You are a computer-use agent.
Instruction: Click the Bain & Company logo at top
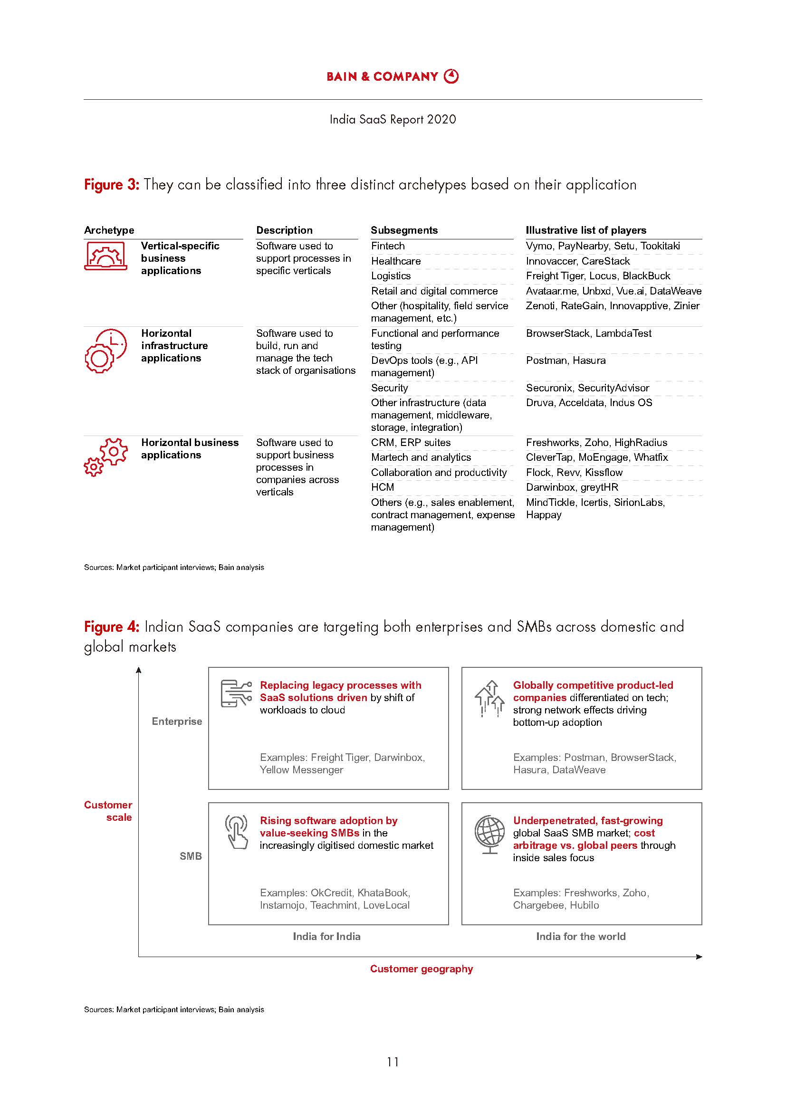(393, 76)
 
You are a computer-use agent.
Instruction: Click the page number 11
(393, 1062)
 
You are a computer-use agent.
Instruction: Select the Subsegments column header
(403, 230)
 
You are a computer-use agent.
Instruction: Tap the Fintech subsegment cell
(388, 246)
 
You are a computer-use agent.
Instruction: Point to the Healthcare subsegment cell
(395, 261)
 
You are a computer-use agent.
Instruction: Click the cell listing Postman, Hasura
(566, 361)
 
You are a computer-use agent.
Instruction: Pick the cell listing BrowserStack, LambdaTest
(588, 333)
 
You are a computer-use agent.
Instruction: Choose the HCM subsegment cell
(383, 487)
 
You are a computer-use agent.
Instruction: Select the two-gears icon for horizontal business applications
(105, 457)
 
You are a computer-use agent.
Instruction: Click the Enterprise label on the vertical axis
(177, 722)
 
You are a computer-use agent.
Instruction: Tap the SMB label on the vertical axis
(190, 856)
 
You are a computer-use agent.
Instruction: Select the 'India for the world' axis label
(580, 936)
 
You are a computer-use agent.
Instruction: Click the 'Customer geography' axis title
(421, 969)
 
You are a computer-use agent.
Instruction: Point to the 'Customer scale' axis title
(108, 811)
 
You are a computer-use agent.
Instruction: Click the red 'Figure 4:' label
(111, 627)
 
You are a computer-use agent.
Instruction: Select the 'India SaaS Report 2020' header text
(393, 120)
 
